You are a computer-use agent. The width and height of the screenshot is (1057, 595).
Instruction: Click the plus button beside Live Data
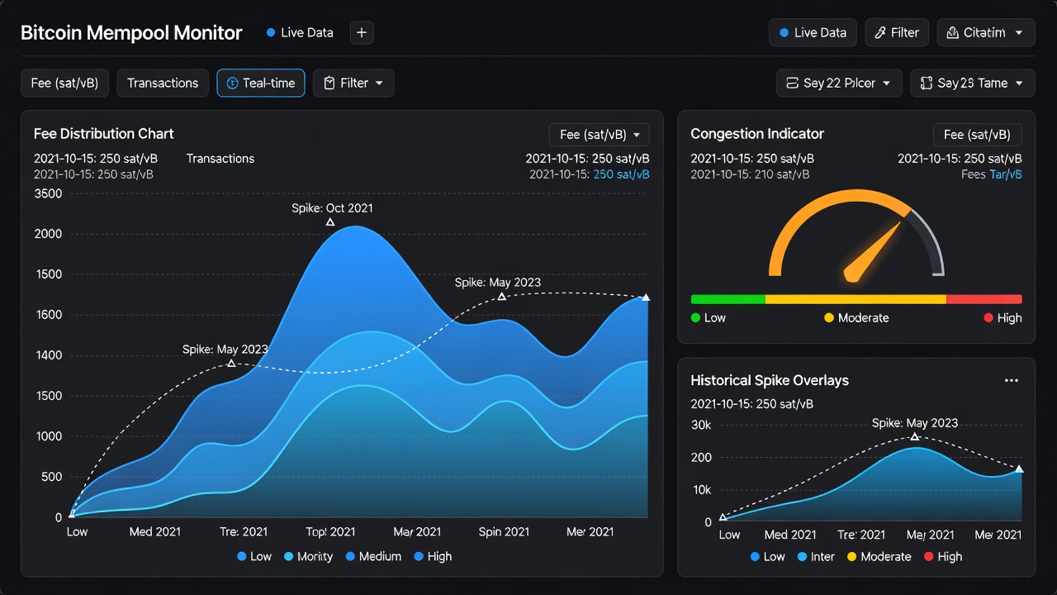click(362, 32)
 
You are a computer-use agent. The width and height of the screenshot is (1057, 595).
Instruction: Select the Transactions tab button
click(163, 83)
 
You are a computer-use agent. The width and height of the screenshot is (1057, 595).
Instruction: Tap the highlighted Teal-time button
click(261, 83)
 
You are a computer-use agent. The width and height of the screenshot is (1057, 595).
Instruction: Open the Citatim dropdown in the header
click(986, 32)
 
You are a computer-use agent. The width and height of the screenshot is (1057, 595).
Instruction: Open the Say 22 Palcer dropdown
click(839, 83)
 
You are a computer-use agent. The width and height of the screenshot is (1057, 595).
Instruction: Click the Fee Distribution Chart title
click(104, 134)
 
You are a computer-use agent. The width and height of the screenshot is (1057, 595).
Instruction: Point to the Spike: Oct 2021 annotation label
click(332, 208)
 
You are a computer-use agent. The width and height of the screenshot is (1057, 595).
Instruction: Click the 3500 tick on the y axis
click(48, 193)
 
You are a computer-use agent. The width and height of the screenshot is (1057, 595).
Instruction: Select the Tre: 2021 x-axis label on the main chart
click(244, 531)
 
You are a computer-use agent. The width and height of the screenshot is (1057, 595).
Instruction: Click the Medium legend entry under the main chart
click(373, 556)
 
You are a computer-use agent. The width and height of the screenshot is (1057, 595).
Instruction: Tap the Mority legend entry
click(309, 556)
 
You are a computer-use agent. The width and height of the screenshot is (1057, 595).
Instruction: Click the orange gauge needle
click(872, 252)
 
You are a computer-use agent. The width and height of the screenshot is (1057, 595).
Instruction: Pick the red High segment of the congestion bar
click(984, 299)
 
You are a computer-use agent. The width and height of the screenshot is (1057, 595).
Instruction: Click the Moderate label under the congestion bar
click(856, 318)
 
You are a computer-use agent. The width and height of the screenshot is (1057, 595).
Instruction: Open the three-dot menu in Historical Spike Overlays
click(1012, 381)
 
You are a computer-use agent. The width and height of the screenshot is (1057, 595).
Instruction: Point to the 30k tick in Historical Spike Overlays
click(701, 425)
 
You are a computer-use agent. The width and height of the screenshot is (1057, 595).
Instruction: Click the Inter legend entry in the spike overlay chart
click(816, 557)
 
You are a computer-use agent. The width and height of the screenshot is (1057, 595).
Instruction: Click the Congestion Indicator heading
click(757, 134)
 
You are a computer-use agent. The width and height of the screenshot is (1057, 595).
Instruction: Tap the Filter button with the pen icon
click(897, 32)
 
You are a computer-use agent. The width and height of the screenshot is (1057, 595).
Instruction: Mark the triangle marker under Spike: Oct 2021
click(330, 222)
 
